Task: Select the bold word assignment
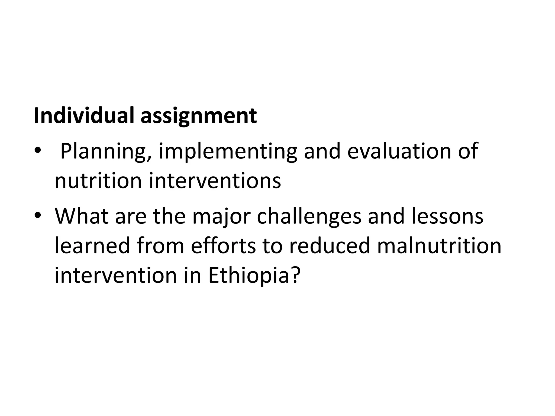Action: tap(199, 117)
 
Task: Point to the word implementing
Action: tap(228, 152)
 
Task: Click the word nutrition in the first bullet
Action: tap(98, 181)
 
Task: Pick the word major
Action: tap(221, 217)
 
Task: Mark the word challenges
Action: tap(309, 217)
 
